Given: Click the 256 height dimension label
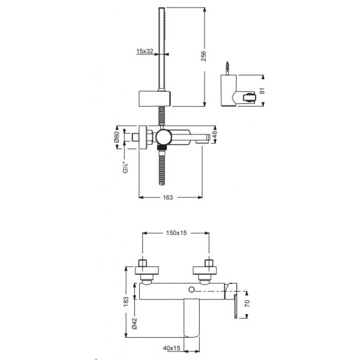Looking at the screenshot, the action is pos(204,56).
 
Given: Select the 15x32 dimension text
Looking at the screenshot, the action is pos(145,51).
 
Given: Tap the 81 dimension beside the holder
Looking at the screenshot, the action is pos(263,91).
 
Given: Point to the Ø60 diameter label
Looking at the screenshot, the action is pos(117,137).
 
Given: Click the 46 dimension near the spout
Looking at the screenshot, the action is pos(214,135).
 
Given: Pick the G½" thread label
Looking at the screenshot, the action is pos(125,167).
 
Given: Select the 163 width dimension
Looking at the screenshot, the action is pos(168,197).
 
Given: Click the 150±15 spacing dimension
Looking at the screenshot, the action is pos(176,233).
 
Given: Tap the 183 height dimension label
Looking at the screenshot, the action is pos(126,302).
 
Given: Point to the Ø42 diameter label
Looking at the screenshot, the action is pos(135,323).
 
